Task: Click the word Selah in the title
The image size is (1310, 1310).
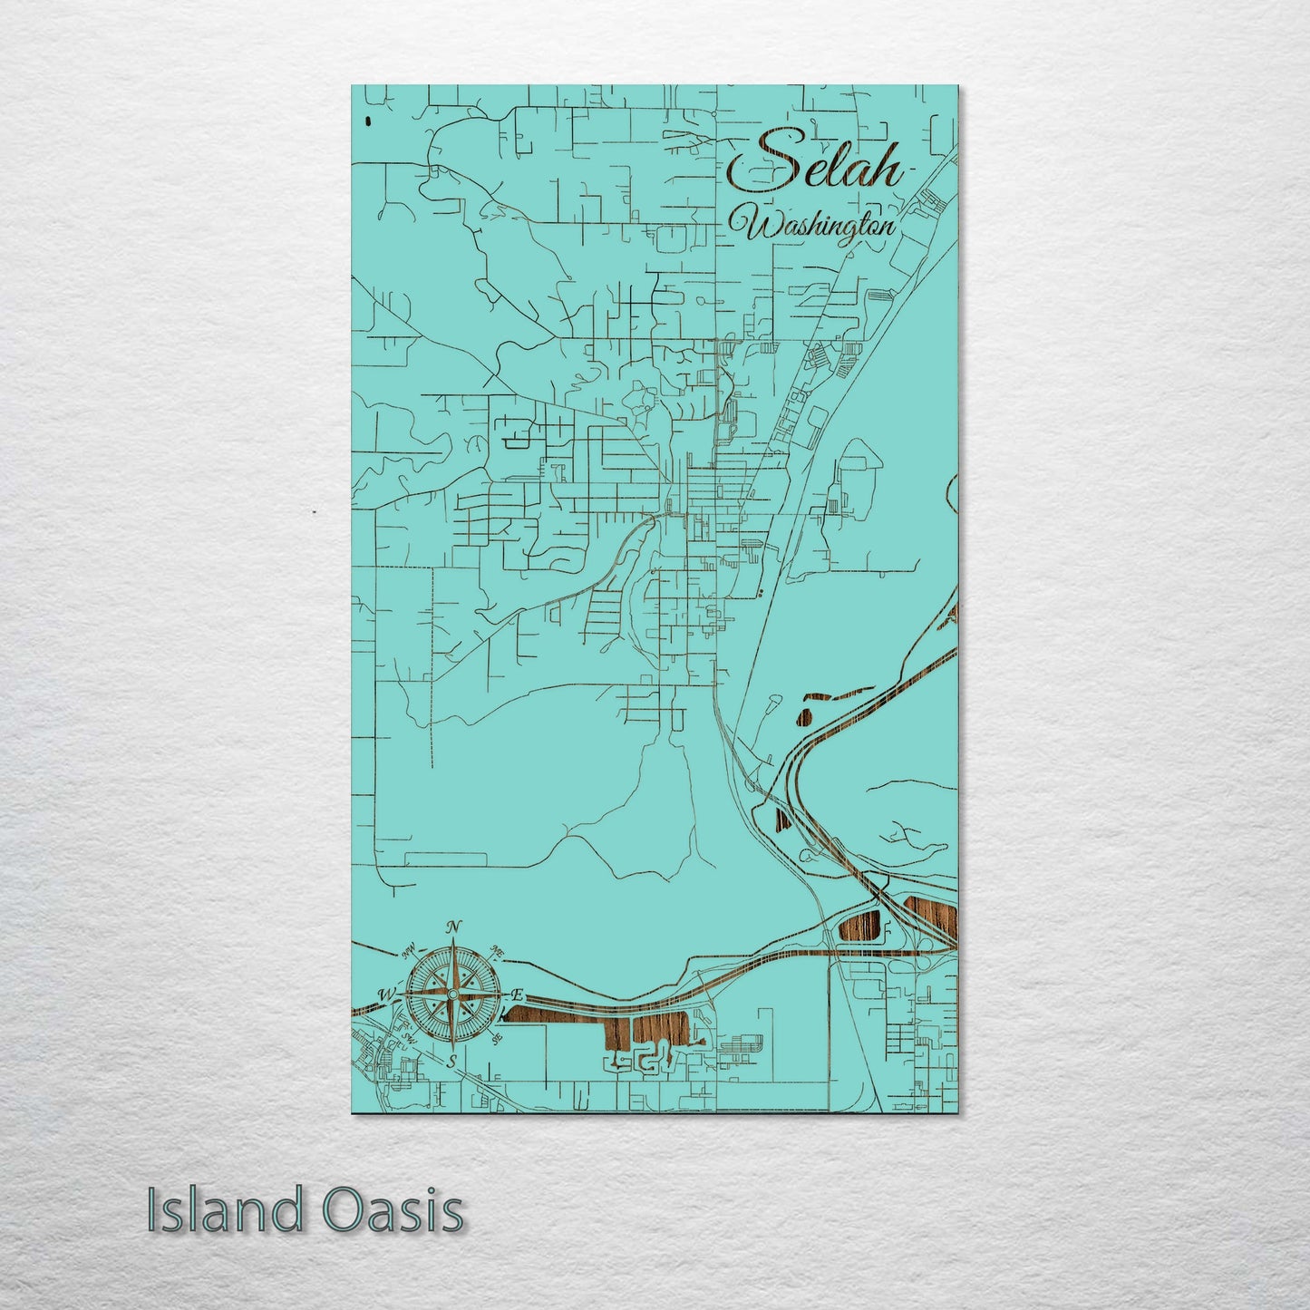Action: point(816,163)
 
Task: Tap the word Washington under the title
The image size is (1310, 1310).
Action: point(819,226)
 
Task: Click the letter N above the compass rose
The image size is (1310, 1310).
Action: point(454,927)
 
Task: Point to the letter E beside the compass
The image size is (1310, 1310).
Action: point(519,995)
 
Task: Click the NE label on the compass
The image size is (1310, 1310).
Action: point(497,951)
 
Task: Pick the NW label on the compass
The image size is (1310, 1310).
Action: point(410,950)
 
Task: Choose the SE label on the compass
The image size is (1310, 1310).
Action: point(496,1040)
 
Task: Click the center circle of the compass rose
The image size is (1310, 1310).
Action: point(452,995)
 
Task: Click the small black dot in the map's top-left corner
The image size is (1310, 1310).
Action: point(366,121)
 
